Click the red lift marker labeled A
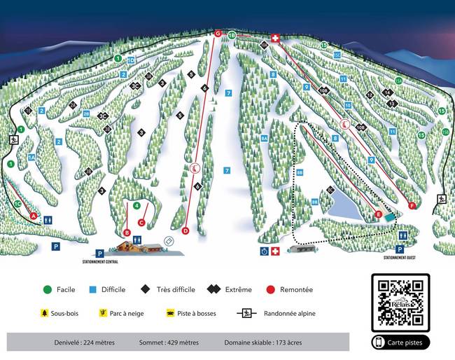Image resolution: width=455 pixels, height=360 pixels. tap(33, 216)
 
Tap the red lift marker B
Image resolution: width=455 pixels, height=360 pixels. tap(127, 232)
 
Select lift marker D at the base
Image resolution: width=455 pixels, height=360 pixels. tap(185, 230)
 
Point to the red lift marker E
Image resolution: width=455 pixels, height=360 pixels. tap(378, 214)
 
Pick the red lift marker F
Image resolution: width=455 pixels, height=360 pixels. tap(412, 205)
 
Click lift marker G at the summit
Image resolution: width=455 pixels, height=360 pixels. tap(218, 34)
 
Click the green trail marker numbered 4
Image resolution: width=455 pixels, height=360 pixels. tap(137, 205)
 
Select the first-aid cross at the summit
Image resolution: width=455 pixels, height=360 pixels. tap(276, 38)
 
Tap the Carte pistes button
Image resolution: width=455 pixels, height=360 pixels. tap(400, 342)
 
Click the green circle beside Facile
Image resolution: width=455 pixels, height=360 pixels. tap(48, 289)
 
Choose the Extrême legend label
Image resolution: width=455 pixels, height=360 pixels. tap(239, 289)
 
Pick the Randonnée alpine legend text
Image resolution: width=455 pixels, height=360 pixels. tap(288, 313)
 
